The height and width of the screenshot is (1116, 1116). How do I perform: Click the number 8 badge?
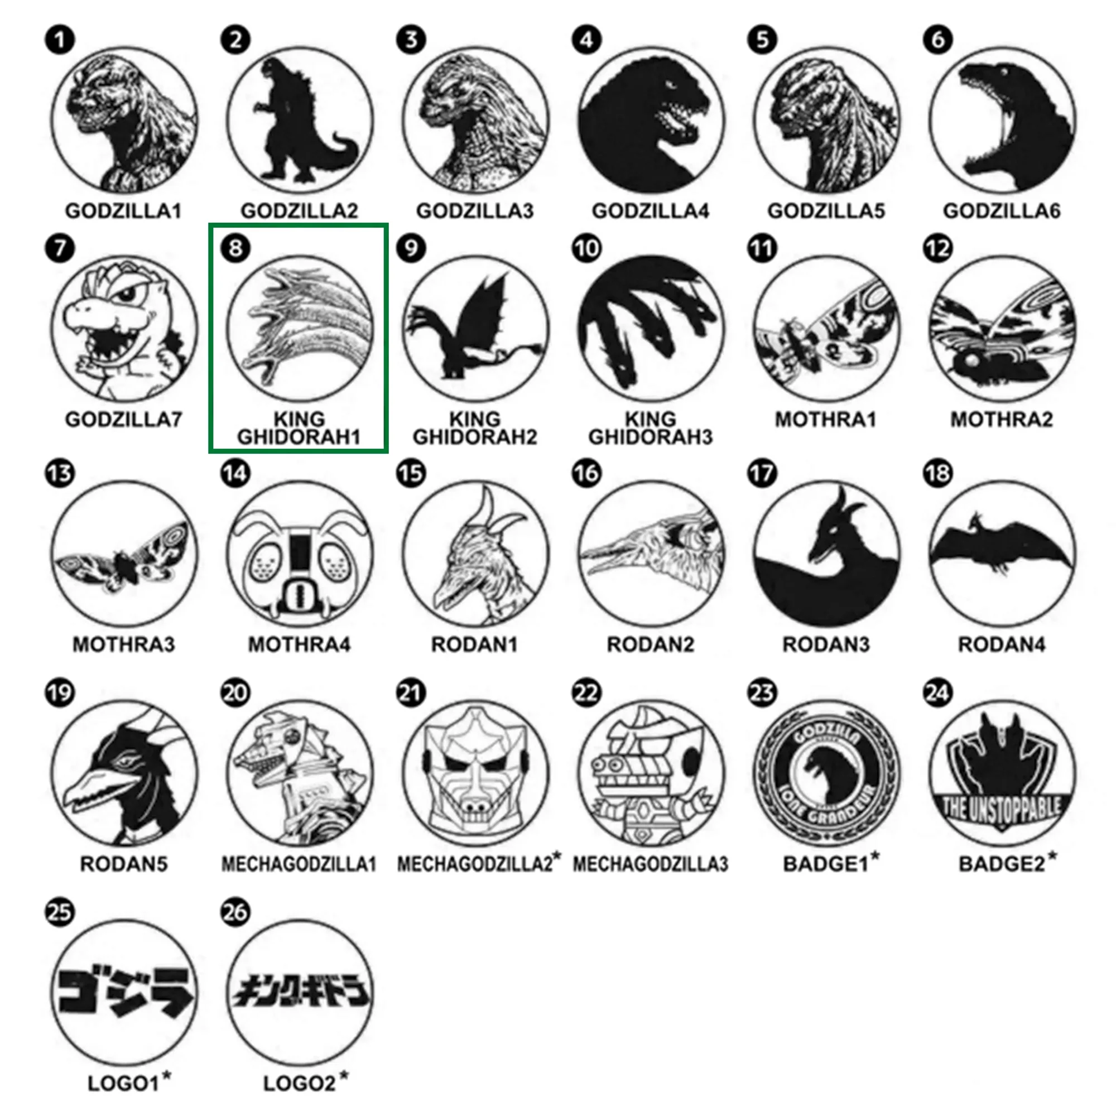pyautogui.click(x=235, y=248)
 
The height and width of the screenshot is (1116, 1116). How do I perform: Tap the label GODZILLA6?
pyautogui.click(x=1002, y=211)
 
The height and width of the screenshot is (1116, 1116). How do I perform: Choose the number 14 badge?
pyautogui.click(x=235, y=474)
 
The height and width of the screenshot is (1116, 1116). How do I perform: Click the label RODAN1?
pyautogui.click(x=475, y=644)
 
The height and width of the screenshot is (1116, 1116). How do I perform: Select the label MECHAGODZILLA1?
pyautogui.click(x=299, y=864)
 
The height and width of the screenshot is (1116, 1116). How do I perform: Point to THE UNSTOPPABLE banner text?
pyautogui.click(x=1002, y=808)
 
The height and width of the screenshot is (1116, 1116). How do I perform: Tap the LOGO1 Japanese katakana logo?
pyautogui.click(x=124, y=992)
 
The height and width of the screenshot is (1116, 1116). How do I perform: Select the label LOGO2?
pyautogui.click(x=299, y=1084)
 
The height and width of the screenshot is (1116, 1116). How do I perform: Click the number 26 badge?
pyautogui.click(x=235, y=913)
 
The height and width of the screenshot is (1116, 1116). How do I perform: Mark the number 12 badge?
pyautogui.click(x=937, y=248)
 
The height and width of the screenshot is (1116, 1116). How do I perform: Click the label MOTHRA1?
pyautogui.click(x=825, y=420)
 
